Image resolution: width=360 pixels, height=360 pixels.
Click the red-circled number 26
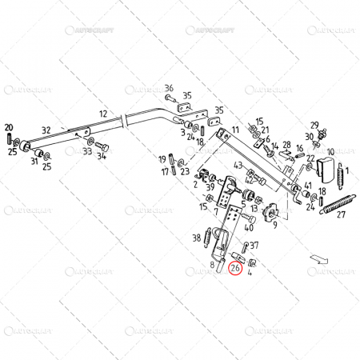coord(234,270)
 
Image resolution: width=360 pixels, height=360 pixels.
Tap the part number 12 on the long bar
coord(102,114)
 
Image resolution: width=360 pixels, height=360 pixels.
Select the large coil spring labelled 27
coord(337,204)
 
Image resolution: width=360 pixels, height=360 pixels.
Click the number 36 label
coord(169,88)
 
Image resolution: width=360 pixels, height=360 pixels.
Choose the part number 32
coord(46,130)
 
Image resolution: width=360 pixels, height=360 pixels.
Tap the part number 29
coord(314,126)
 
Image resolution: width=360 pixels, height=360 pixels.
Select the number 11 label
coord(235,129)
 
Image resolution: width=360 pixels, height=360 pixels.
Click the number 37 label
coord(254,245)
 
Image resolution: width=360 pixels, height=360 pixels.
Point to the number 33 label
coord(87,150)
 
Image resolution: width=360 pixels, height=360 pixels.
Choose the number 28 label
coord(285,144)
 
